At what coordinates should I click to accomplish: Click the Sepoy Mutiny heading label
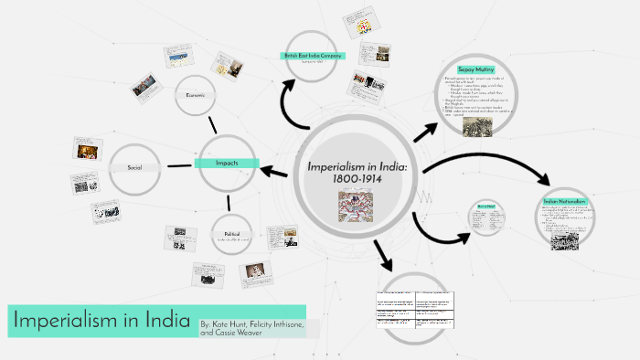pos(475,69)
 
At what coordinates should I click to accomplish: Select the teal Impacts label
pos(227,163)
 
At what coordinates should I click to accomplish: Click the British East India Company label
pos(313,56)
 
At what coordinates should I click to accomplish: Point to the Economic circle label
pos(200,95)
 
